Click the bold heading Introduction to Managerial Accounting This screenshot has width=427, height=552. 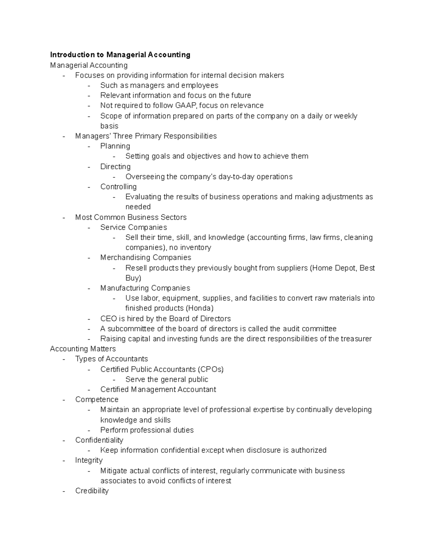coord(120,55)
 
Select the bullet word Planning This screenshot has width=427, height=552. coord(115,146)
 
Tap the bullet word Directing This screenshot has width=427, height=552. coord(115,167)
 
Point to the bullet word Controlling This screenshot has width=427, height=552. coord(118,187)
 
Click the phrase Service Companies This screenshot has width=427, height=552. coord(133,227)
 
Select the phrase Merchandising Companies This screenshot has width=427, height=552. coord(146,258)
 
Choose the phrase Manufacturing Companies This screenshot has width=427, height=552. coord(145,288)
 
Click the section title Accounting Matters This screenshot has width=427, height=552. coord(83,349)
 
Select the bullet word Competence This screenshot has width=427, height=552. coord(97,400)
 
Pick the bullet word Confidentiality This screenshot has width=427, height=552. coord(99,440)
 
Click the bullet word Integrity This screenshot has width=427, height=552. coord(89,460)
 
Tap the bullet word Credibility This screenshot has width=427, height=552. coord(92,491)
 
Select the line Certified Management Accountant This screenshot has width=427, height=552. coord(158,390)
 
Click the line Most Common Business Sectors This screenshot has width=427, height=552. coord(131,218)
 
